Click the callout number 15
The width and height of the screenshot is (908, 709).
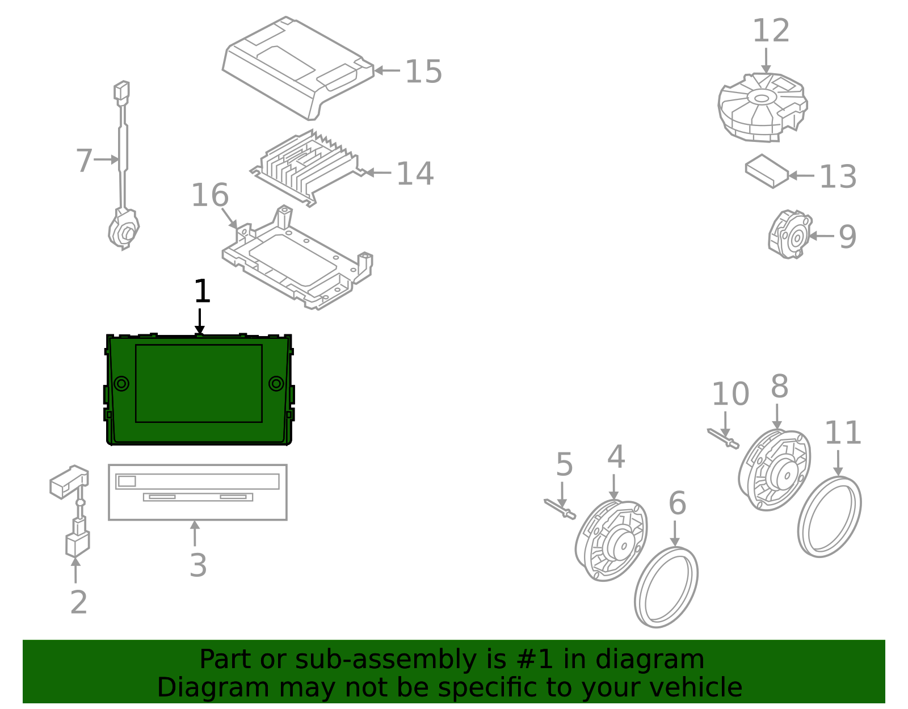423,72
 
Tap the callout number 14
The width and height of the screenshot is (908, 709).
415,174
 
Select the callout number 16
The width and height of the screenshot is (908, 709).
209,196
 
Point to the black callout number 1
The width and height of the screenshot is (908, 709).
202,292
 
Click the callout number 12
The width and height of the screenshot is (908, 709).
771,31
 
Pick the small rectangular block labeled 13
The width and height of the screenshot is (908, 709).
767,171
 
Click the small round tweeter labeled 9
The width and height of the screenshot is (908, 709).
790,234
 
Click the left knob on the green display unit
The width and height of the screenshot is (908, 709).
121,384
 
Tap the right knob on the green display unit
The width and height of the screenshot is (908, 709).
276,384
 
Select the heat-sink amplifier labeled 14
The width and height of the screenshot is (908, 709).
306,167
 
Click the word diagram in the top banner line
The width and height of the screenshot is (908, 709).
661,660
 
